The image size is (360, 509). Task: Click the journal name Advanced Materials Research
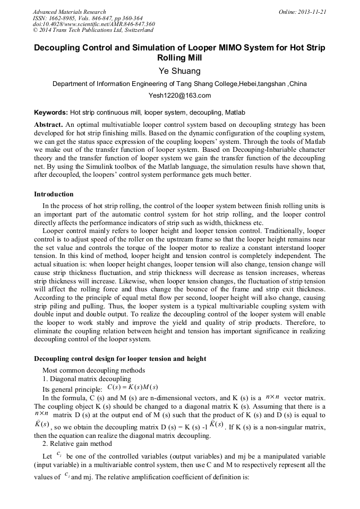(x=69, y=12)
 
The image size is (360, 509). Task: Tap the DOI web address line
(x=93, y=24)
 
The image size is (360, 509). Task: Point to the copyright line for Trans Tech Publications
(x=93, y=30)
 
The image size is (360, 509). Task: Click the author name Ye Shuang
(x=179, y=71)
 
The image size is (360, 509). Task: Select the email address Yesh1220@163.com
(x=179, y=96)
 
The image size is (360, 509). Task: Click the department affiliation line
(x=179, y=84)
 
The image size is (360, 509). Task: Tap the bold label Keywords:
(x=51, y=113)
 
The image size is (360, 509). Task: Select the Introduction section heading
(x=54, y=194)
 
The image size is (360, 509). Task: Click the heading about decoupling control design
(x=120, y=359)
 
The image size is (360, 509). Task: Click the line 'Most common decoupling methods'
(x=93, y=370)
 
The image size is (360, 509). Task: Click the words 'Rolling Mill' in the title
(x=179, y=58)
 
